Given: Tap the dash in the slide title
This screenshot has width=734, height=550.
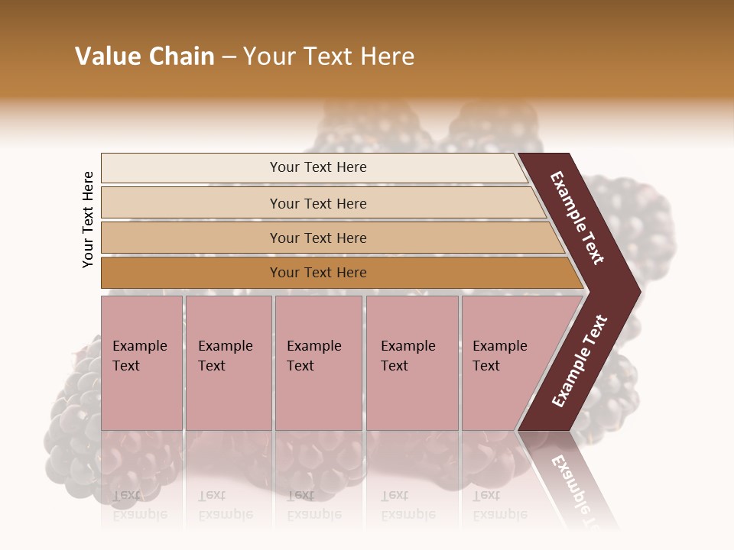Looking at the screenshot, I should (229, 57).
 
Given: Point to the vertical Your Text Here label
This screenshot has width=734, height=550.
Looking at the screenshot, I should (88, 220).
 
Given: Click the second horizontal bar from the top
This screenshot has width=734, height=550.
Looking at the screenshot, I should (317, 203).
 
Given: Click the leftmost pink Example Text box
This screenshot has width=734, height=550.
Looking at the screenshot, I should (141, 363).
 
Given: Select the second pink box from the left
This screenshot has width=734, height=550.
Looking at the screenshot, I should (228, 363).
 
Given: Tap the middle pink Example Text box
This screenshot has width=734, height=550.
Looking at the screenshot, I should (318, 363).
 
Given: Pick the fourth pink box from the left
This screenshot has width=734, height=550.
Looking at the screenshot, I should (412, 363).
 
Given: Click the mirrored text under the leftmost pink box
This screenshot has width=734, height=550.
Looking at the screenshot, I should (140, 505).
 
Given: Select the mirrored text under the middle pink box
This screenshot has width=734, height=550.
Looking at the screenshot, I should (314, 505).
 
